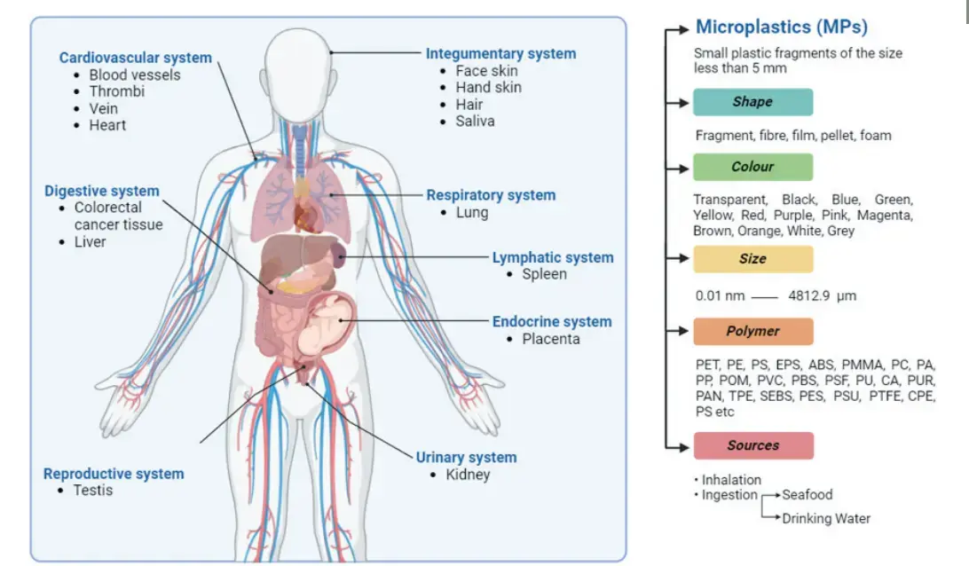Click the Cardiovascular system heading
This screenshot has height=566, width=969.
point(135,58)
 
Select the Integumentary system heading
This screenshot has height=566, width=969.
point(500,53)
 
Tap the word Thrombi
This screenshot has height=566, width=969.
point(116,91)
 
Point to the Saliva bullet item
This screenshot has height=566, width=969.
point(475,121)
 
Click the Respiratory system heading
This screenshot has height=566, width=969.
point(491,195)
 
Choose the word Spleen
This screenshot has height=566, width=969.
point(544,274)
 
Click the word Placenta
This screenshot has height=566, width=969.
point(550,339)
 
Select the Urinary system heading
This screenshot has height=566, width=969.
point(466,457)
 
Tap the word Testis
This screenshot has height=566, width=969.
point(92,490)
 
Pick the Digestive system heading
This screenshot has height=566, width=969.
point(102,191)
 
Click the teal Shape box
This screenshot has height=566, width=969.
point(752,102)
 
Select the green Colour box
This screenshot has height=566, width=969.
point(752,167)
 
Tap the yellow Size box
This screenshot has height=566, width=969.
point(752,259)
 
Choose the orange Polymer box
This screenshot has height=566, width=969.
point(752,331)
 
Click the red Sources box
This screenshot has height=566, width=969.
point(752,445)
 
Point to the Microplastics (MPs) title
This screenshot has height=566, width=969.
point(782,27)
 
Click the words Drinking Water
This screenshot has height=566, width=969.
point(826,518)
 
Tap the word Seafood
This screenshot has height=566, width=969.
point(807,494)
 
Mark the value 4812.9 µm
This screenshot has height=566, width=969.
point(823,295)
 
